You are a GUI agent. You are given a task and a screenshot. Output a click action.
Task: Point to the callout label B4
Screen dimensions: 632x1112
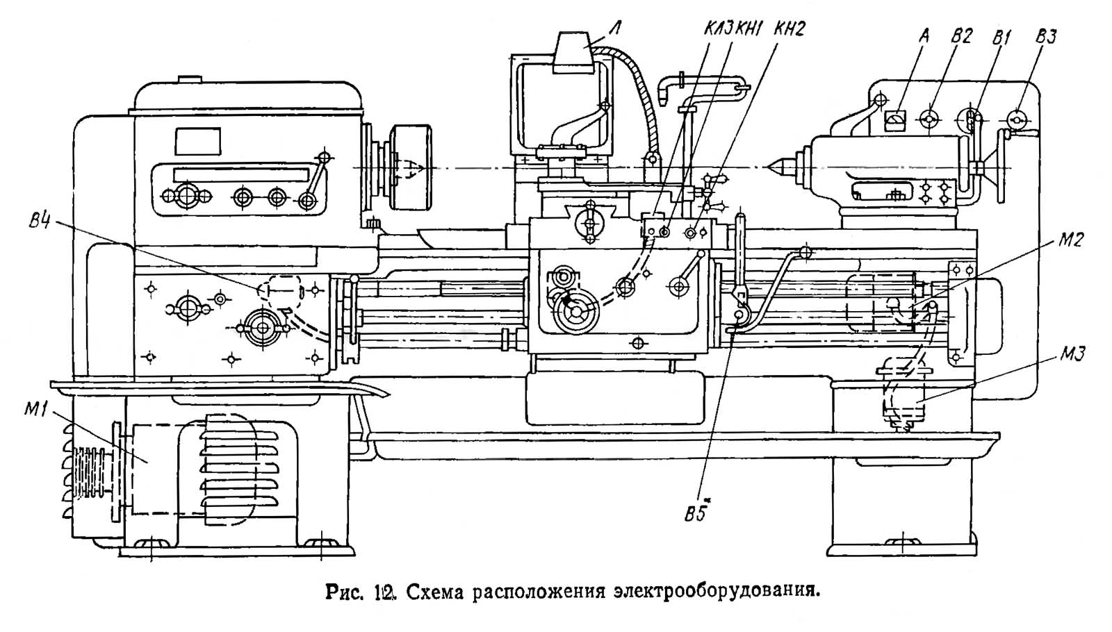(41, 224)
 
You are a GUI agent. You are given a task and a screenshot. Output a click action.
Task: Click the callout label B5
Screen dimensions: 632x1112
(696, 514)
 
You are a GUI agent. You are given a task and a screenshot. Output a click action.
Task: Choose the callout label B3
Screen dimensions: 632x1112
(1045, 36)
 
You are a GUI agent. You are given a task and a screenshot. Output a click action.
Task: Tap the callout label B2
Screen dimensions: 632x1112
(961, 36)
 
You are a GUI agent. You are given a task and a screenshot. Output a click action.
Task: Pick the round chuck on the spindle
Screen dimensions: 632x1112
(411, 167)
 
